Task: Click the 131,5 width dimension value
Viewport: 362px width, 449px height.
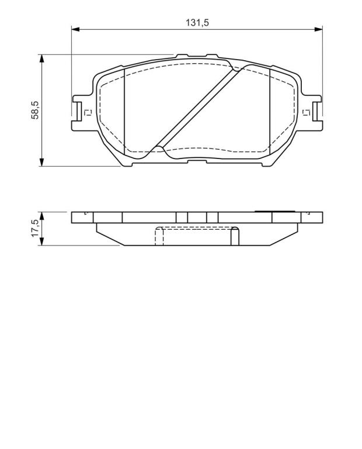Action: [x=197, y=22]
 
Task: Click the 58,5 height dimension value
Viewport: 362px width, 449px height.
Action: [x=35, y=110]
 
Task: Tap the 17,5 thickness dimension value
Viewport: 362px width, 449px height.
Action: [x=35, y=228]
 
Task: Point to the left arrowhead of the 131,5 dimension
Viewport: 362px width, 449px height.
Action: [x=75, y=29]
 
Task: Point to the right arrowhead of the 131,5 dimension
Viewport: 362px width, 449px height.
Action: [x=319, y=29]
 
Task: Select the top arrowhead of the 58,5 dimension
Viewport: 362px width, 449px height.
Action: [x=42, y=58]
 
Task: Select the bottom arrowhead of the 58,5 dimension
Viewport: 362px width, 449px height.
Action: [x=42, y=162]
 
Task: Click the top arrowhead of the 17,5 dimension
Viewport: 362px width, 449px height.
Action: [x=42, y=216]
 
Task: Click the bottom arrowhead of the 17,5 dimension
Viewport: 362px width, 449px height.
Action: [x=42, y=241]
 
